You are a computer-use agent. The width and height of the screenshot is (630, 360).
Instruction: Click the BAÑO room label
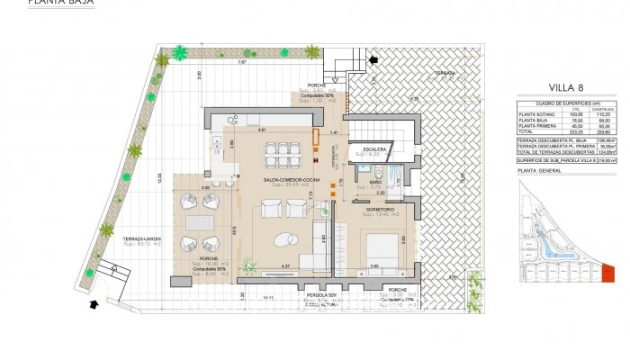(x=373, y=183)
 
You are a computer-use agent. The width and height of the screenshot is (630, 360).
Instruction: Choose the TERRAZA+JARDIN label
(x=141, y=238)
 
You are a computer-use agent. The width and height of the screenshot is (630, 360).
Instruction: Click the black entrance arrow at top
(x=373, y=59)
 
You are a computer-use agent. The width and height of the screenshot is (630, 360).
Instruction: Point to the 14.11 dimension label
(x=267, y=297)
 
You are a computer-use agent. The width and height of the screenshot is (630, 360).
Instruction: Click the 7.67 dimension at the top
(x=241, y=63)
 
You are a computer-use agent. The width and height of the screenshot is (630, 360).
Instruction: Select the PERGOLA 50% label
(x=319, y=295)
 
